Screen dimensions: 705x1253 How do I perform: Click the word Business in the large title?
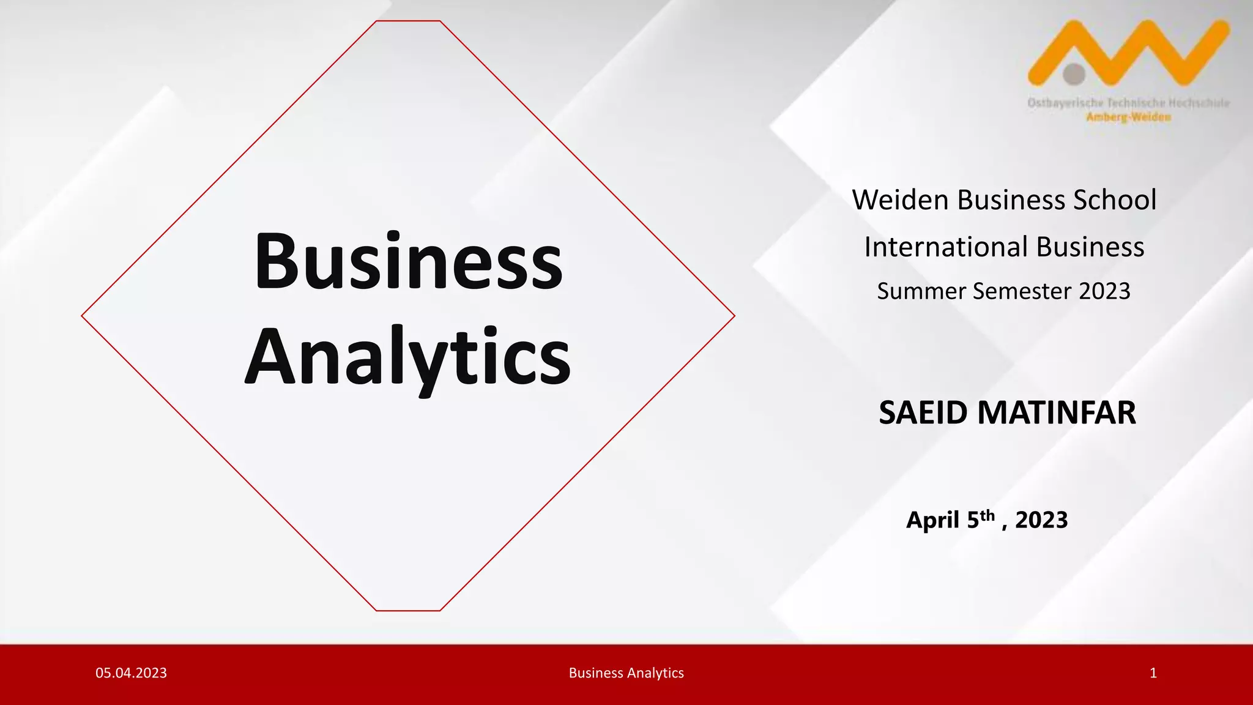[408, 261]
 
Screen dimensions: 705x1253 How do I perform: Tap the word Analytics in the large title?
[408, 357]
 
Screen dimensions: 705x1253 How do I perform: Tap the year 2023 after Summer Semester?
[1104, 291]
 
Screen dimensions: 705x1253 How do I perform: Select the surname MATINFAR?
[1057, 412]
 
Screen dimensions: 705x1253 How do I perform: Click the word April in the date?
[933, 520]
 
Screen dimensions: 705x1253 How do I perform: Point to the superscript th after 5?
[987, 515]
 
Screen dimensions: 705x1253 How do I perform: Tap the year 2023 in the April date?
[1041, 520]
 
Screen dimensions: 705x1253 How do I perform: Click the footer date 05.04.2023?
[131, 673]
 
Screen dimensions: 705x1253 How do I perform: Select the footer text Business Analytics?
[626, 673]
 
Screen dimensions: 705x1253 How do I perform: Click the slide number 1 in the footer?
[1153, 673]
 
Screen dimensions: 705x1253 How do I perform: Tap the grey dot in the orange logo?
[1074, 74]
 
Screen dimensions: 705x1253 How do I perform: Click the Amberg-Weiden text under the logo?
[1129, 117]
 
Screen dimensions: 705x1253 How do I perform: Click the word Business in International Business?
[1090, 247]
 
